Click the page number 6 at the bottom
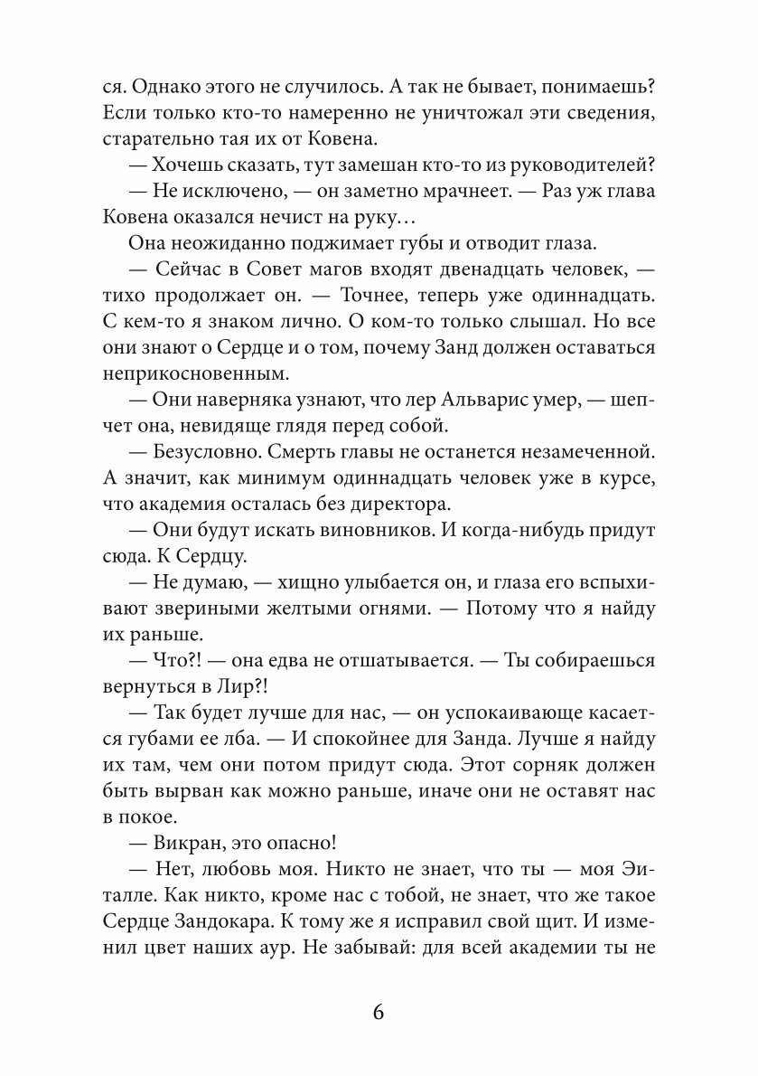tap(378, 1011)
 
